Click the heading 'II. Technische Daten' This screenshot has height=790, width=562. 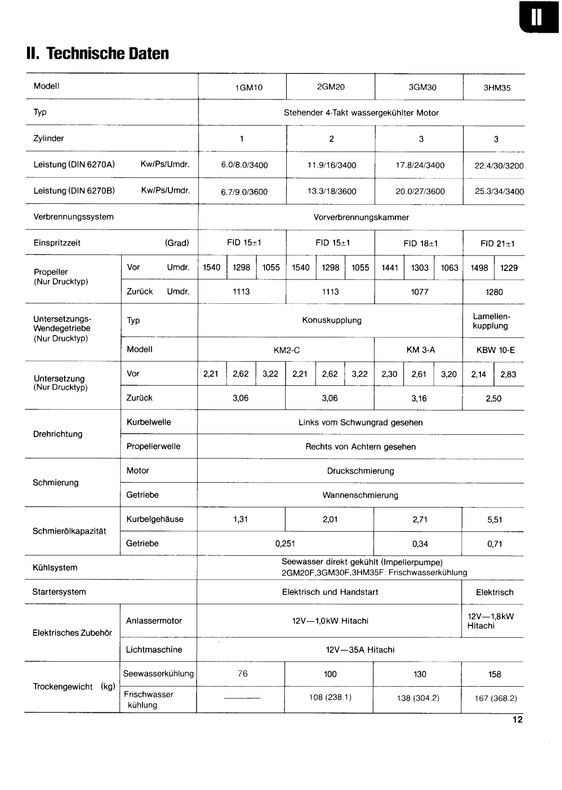98,53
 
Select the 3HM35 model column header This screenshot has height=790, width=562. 497,88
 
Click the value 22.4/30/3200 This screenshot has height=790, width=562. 499,166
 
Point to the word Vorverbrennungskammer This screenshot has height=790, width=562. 361,217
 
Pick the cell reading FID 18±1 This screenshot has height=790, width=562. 421,243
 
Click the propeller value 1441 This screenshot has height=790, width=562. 390,268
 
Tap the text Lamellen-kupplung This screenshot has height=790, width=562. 491,321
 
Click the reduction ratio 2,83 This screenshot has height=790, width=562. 508,374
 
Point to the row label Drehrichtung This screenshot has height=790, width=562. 57,434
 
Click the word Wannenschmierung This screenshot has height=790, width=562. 360,495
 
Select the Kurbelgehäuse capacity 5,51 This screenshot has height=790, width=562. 495,520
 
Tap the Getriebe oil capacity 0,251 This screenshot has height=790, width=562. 285,544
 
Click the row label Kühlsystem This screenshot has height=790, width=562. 55,568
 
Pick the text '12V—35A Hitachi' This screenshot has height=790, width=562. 360,650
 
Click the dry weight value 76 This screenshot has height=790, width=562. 242,674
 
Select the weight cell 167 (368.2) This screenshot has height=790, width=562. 495,698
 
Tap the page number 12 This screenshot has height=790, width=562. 518,720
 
